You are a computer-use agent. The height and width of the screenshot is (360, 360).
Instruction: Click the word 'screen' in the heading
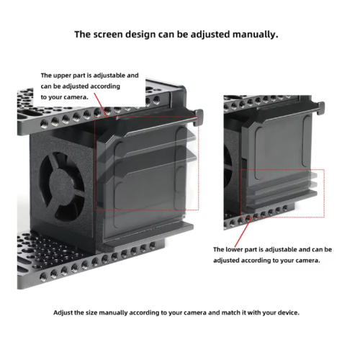[x=108, y=35]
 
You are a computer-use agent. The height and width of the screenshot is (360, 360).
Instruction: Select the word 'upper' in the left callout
[x=62, y=76]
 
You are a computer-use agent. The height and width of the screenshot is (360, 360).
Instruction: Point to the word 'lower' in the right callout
[x=235, y=250]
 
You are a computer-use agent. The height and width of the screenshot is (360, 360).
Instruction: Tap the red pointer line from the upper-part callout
[x=101, y=104]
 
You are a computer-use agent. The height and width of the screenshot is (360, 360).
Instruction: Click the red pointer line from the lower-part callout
[x=243, y=233]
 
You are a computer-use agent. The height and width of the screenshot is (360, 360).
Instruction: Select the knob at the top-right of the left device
[x=199, y=117]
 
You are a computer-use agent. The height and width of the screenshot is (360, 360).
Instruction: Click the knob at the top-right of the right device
[x=321, y=108]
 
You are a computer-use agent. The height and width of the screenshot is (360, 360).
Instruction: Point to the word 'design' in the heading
[x=140, y=35]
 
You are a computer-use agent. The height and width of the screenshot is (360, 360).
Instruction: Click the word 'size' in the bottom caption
[x=91, y=312]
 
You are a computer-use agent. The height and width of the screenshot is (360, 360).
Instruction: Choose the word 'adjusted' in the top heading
[x=210, y=35]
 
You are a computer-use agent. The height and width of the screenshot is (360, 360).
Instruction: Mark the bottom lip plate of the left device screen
[x=149, y=235]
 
